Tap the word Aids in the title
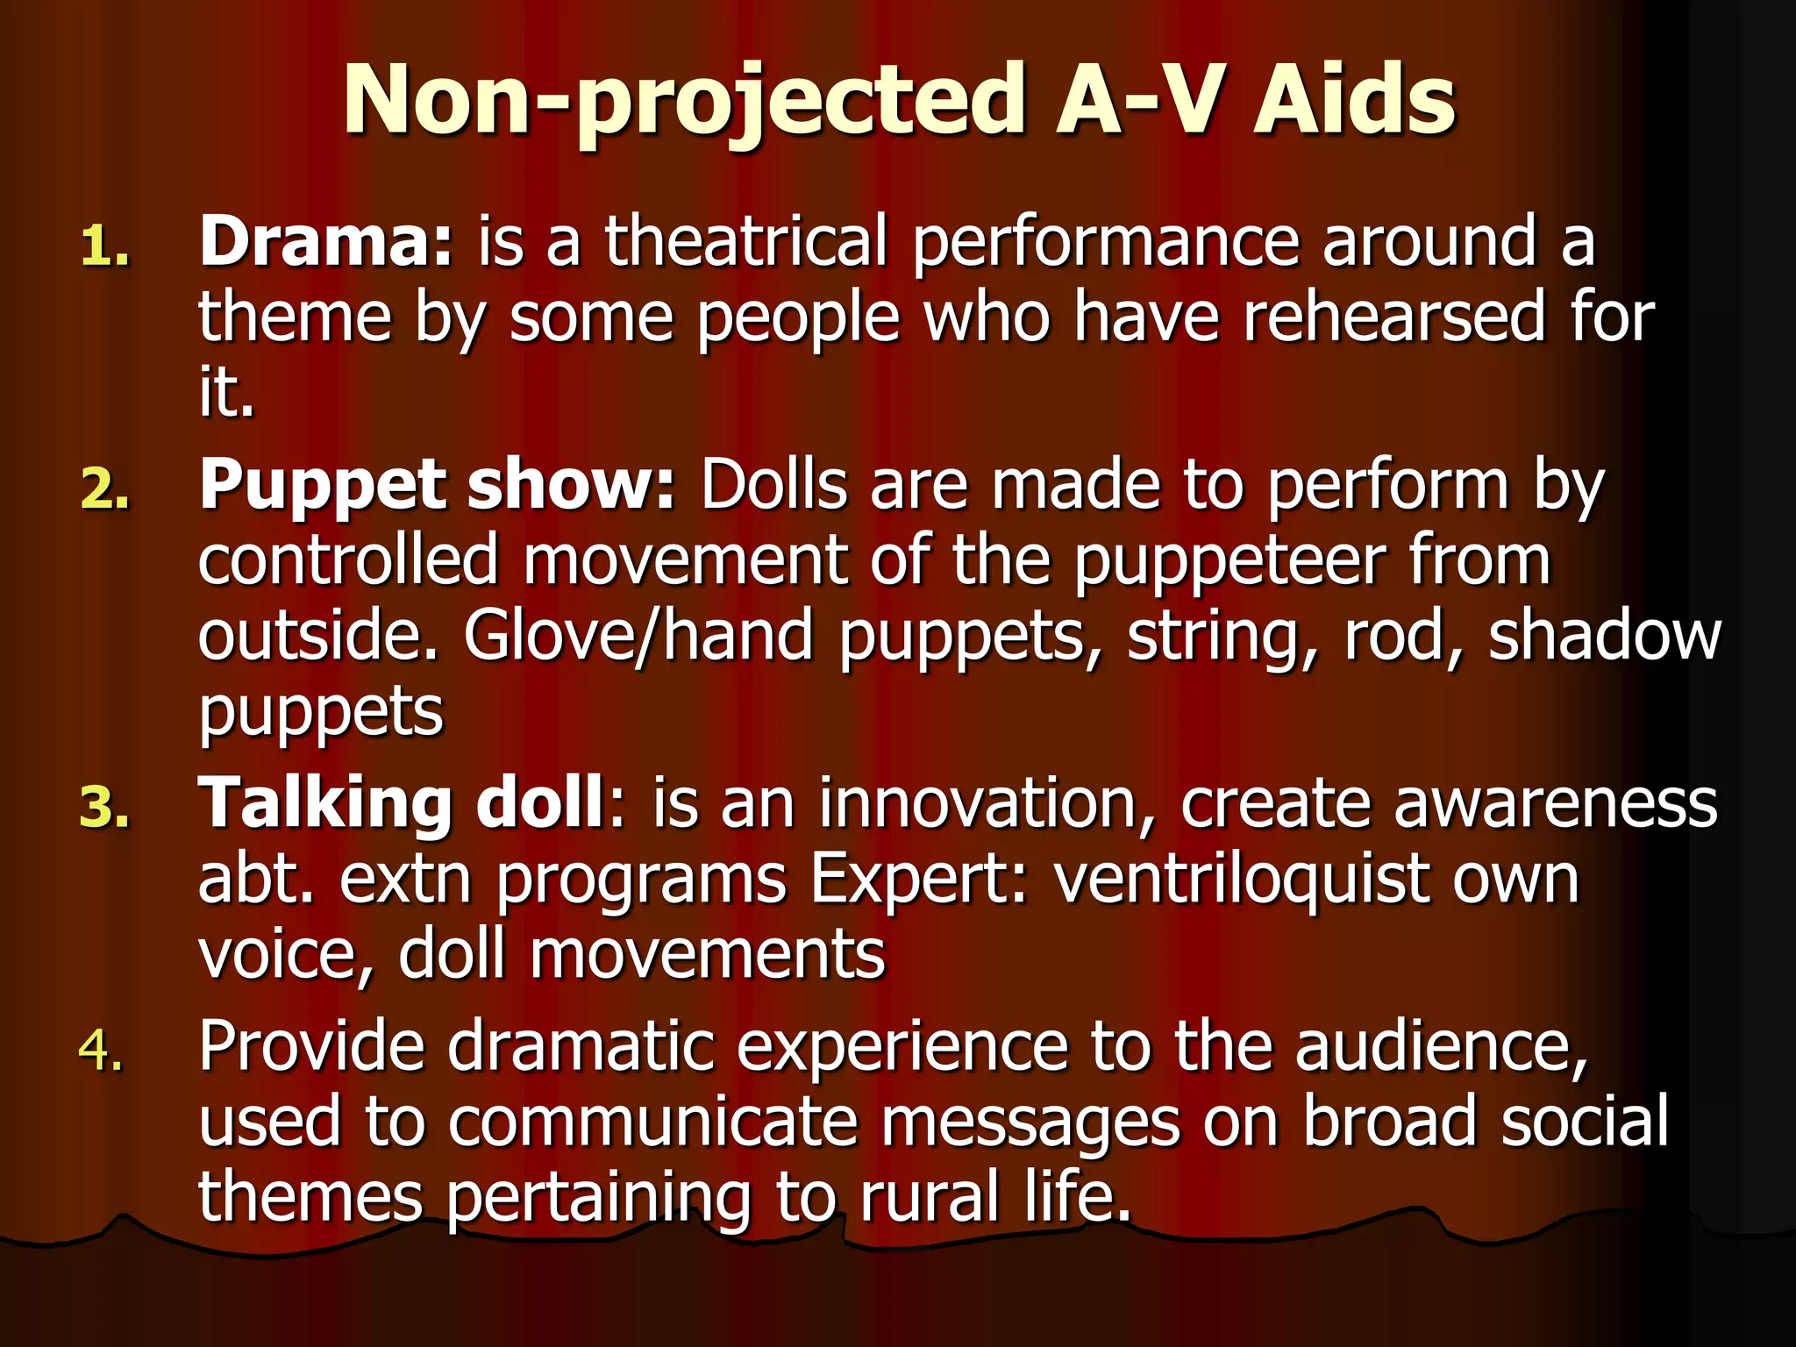click(x=1354, y=101)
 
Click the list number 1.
click(x=104, y=247)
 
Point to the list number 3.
click(x=104, y=809)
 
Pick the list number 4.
click(x=101, y=1051)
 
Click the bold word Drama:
click(x=325, y=241)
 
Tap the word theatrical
click(x=746, y=241)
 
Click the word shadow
click(x=1605, y=636)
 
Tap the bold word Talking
click(x=325, y=803)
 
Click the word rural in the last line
click(x=930, y=1197)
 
